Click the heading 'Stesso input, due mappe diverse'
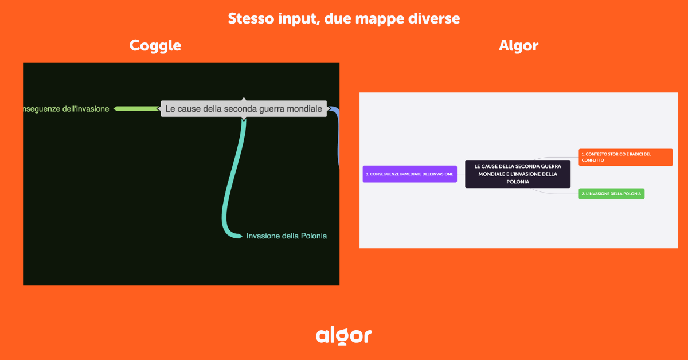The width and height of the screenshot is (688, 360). [x=344, y=18]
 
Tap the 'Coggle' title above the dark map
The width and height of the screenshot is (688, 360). [x=155, y=45]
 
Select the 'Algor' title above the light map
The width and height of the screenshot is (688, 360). [x=518, y=46]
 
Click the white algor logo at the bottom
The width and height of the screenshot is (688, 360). [x=344, y=335]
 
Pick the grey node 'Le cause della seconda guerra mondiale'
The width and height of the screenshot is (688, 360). [x=244, y=108]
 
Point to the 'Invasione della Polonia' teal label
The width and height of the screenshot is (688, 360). [x=286, y=236]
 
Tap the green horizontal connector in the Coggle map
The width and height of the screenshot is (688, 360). [x=138, y=108]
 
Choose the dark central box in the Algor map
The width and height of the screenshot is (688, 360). [x=517, y=174]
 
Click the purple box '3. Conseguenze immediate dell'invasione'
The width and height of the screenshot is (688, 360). [x=409, y=174]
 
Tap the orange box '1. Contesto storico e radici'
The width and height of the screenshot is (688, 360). [x=626, y=157]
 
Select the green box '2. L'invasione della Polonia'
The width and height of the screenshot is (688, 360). [x=611, y=194]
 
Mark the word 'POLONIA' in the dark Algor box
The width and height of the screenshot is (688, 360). [x=517, y=182]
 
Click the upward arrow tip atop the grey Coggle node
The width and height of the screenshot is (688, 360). [x=244, y=100]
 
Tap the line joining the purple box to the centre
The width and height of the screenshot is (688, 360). [x=461, y=174]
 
